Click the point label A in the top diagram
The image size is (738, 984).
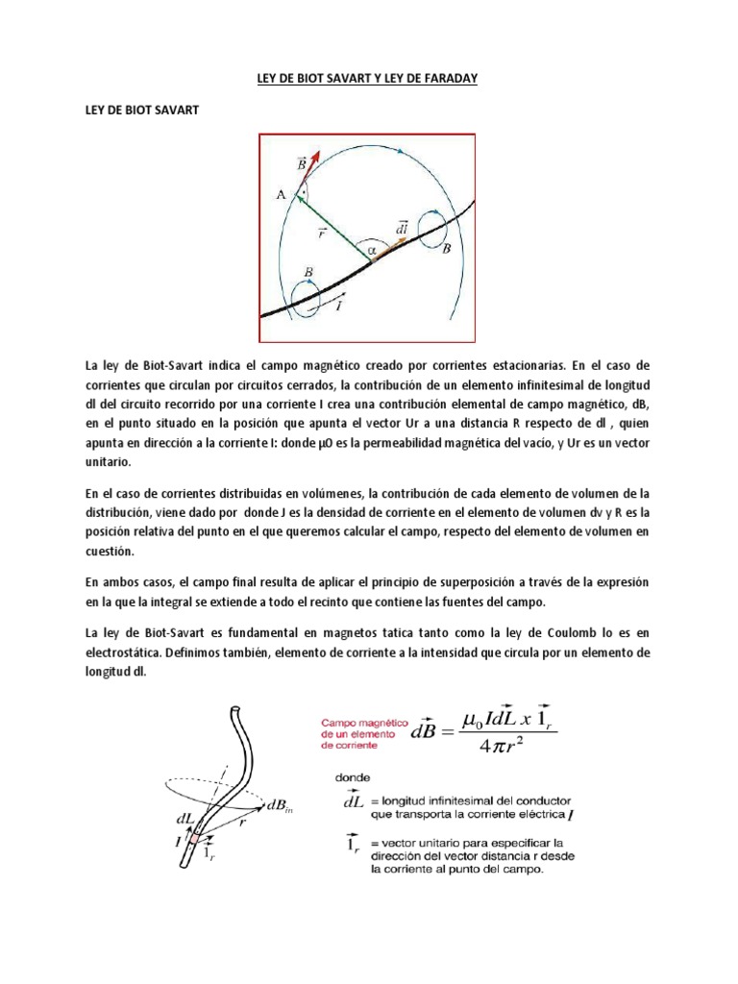point(281,194)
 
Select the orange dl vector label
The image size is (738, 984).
point(401,227)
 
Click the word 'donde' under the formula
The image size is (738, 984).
point(351,779)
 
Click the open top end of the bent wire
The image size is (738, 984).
point(233,711)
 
